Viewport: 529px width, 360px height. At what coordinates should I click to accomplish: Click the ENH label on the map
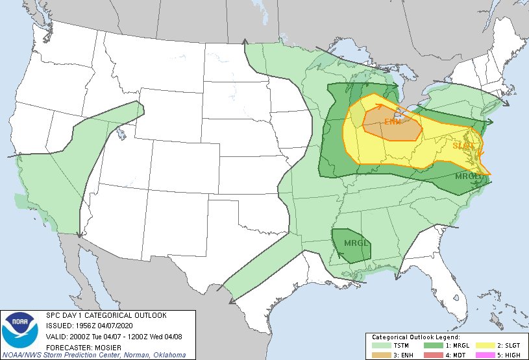[392, 122]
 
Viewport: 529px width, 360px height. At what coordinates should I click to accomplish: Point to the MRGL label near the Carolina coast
[468, 176]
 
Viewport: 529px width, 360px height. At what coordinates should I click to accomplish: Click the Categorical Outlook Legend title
[416, 337]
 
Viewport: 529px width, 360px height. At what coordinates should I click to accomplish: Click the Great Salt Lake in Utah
[121, 136]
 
